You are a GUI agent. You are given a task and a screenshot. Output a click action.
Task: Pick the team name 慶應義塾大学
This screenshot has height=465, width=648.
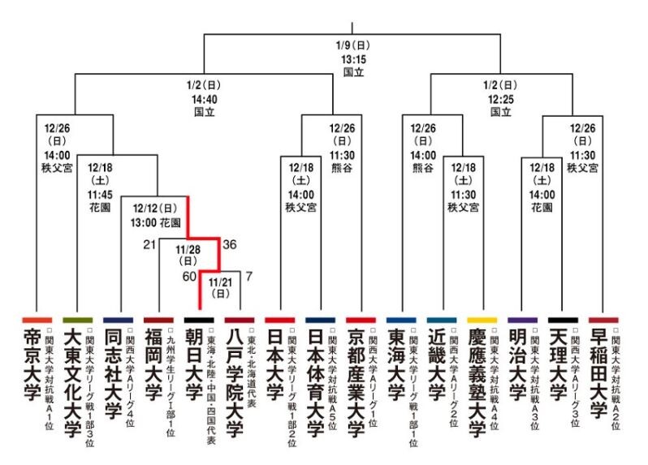477,383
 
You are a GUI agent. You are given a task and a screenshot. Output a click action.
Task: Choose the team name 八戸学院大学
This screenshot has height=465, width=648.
235,383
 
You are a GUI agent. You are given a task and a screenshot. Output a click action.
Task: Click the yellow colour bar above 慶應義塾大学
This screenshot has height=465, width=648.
482,320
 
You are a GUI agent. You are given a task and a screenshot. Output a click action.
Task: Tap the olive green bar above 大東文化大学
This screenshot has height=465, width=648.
77,320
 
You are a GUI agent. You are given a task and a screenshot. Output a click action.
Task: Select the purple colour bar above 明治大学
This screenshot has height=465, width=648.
522,320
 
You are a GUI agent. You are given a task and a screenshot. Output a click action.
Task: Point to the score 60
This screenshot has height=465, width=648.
189,276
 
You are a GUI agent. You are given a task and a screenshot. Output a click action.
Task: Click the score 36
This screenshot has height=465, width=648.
230,244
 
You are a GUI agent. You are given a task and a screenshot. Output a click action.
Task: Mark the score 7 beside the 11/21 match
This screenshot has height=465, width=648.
248,276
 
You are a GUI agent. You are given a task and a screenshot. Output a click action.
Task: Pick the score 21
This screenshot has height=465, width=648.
149,244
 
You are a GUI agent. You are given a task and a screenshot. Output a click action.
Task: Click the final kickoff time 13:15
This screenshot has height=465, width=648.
354,59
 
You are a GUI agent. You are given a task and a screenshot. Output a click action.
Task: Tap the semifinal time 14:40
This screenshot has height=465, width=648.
204,99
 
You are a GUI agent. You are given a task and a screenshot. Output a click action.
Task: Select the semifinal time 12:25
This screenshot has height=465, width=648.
500,99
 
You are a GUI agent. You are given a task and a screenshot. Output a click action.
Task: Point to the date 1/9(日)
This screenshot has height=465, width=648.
353,45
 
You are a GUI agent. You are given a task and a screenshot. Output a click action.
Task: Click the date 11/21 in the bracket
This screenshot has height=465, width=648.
220,282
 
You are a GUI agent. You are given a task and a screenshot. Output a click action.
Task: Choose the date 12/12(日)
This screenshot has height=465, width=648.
155,208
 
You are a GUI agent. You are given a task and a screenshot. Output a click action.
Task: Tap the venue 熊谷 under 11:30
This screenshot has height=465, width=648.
342,168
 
